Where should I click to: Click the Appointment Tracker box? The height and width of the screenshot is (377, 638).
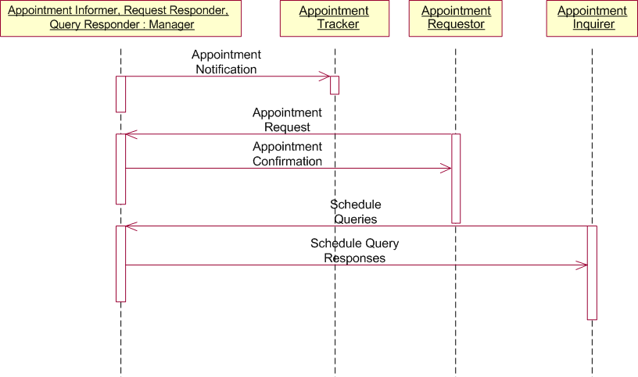click(x=335, y=18)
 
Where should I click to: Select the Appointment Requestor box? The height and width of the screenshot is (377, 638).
click(x=455, y=18)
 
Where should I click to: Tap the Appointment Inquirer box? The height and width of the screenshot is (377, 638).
click(x=592, y=18)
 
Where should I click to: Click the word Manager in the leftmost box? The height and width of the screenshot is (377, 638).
click(x=171, y=24)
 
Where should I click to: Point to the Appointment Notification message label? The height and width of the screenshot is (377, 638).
click(x=226, y=62)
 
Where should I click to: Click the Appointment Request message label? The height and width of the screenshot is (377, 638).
click(x=287, y=120)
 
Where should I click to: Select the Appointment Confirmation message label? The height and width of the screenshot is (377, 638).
click(x=287, y=154)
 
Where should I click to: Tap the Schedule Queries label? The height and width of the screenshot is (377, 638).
click(x=356, y=212)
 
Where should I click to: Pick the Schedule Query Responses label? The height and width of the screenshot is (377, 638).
click(x=355, y=251)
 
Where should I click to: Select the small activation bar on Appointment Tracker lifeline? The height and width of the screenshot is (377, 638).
click(x=335, y=85)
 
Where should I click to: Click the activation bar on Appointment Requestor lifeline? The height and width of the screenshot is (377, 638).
click(x=456, y=178)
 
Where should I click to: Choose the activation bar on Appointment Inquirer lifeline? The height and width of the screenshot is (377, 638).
click(x=592, y=272)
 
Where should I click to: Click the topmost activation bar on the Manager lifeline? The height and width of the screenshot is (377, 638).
click(x=121, y=94)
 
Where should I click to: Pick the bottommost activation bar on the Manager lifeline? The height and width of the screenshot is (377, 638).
click(x=121, y=264)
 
